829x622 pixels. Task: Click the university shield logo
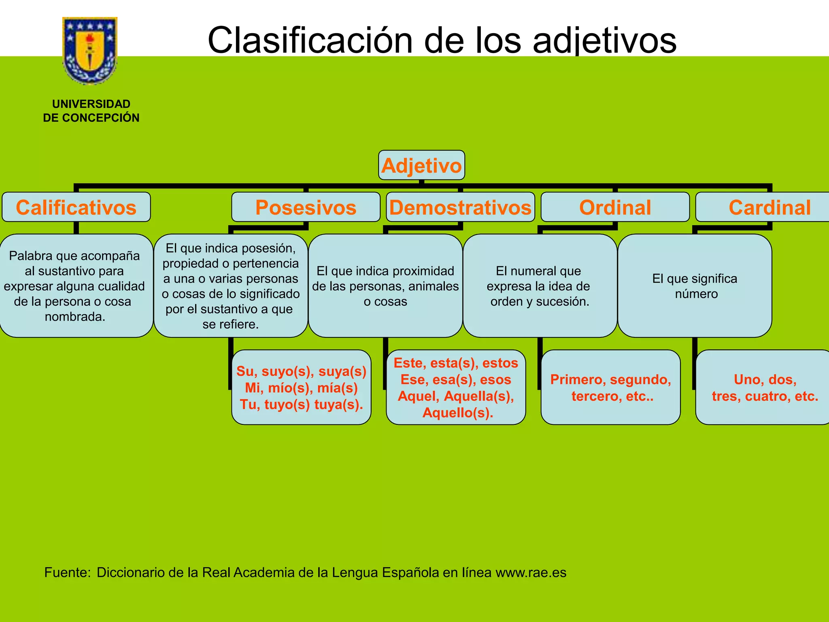pyautogui.click(x=90, y=50)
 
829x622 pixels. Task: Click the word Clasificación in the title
pyautogui.click(x=310, y=40)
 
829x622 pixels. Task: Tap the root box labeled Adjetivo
pyautogui.click(x=421, y=165)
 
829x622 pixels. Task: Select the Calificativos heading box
pyautogui.click(x=76, y=207)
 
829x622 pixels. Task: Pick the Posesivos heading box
pyautogui.click(x=306, y=207)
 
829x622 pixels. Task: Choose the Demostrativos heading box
pyautogui.click(x=460, y=207)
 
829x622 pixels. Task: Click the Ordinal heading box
pyautogui.click(x=615, y=207)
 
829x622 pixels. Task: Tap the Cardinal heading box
pyautogui.click(x=769, y=207)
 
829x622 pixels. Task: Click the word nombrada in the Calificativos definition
pyautogui.click(x=74, y=317)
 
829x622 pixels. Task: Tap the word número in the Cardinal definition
pyautogui.click(x=696, y=294)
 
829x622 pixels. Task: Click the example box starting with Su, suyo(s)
pyautogui.click(x=301, y=388)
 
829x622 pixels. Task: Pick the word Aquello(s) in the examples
pyautogui.click(x=457, y=413)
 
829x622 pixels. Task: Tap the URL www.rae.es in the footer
pyautogui.click(x=531, y=573)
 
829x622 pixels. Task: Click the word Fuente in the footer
pyautogui.click(x=67, y=573)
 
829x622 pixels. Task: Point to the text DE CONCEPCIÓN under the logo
pyautogui.click(x=91, y=118)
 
